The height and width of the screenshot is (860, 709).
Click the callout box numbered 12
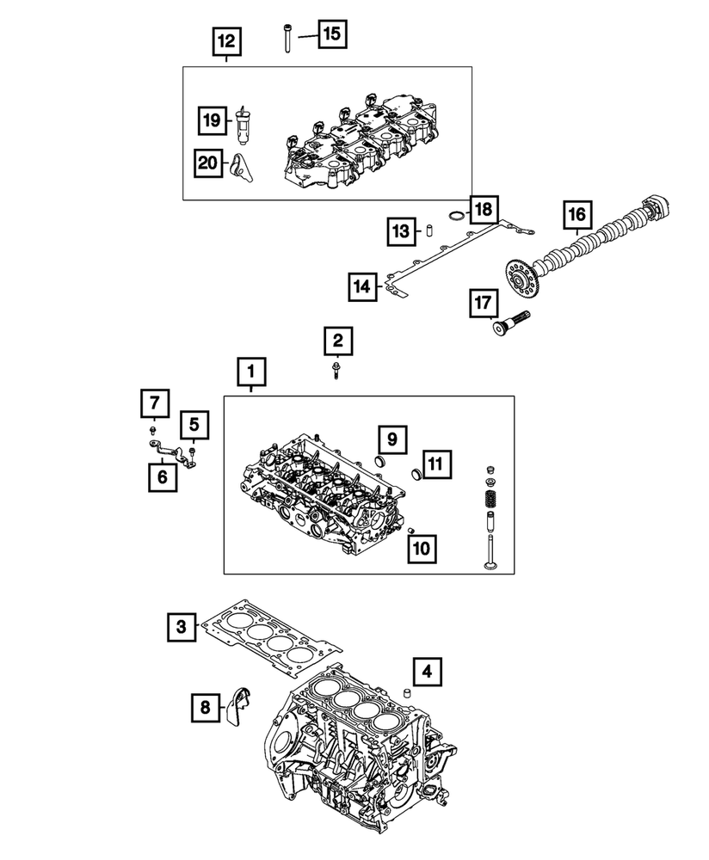pos(225,40)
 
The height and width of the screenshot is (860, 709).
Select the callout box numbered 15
pos(331,34)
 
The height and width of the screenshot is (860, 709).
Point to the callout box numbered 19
pos(210,121)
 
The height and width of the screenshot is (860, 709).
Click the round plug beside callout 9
pos(378,465)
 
